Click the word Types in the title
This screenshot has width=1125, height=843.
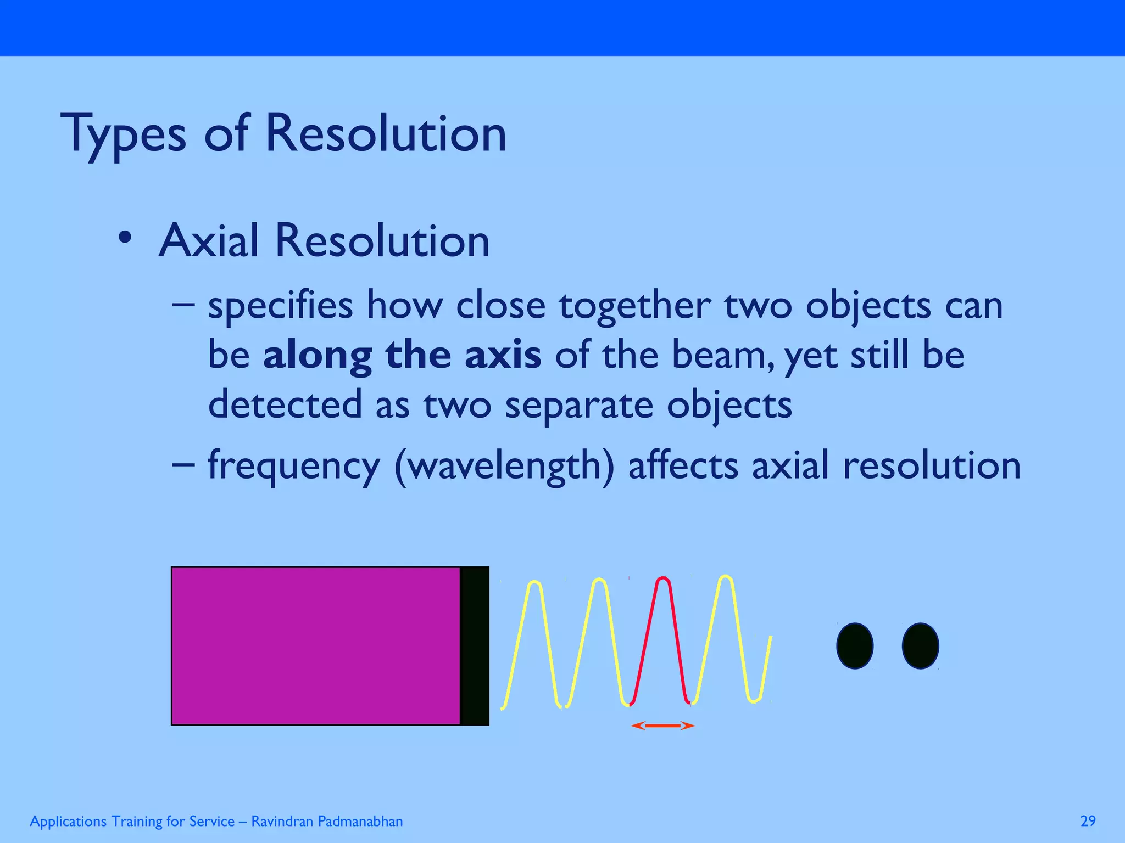pyautogui.click(x=123, y=134)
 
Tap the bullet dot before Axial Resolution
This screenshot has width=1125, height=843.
pyautogui.click(x=125, y=238)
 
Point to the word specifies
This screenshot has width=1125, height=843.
pyautogui.click(x=280, y=306)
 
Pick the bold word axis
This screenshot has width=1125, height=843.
pyautogui.click(x=503, y=355)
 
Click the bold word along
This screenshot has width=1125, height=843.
pyautogui.click(x=318, y=356)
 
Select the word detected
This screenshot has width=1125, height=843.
pyautogui.click(x=285, y=404)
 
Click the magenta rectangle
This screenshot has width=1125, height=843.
pyautogui.click(x=315, y=645)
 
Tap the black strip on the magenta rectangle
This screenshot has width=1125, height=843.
pyautogui.click(x=475, y=645)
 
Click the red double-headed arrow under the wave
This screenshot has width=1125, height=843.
pyautogui.click(x=662, y=726)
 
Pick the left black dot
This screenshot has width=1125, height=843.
pyautogui.click(x=855, y=645)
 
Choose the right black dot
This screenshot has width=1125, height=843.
pyautogui.click(x=920, y=645)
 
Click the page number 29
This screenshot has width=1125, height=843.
pyautogui.click(x=1088, y=821)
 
